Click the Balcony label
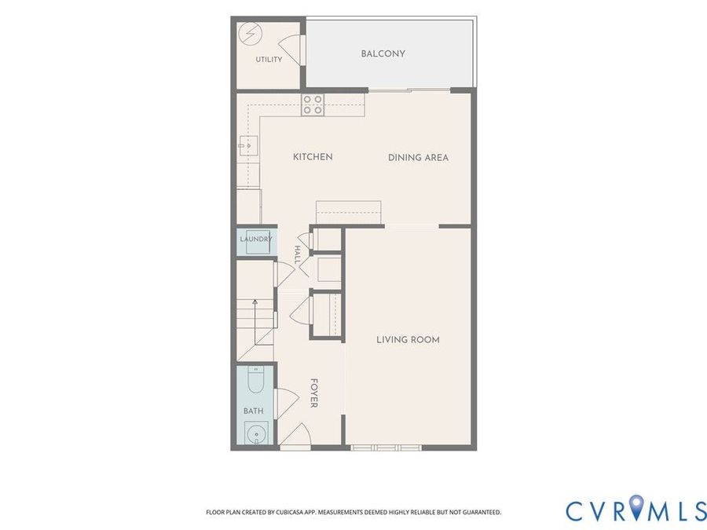pyautogui.click(x=383, y=53)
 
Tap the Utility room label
pyautogui.click(x=269, y=60)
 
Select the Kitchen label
pyautogui.click(x=313, y=157)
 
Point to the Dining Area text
pyautogui.click(x=418, y=157)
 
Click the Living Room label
pyautogui.click(x=408, y=339)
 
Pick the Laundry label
pyautogui.click(x=256, y=239)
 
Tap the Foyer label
pyautogui.click(x=314, y=393)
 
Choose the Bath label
pyautogui.click(x=254, y=411)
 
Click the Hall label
pyautogui.click(x=297, y=254)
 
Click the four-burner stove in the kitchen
pyautogui.click(x=313, y=104)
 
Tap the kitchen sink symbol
pyautogui.click(x=249, y=145)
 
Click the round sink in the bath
pyautogui.click(x=256, y=433)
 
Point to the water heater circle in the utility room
pyautogui.click(x=250, y=34)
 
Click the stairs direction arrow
pyautogui.click(x=255, y=322)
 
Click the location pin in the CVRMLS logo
pyautogui.click(x=636, y=506)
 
